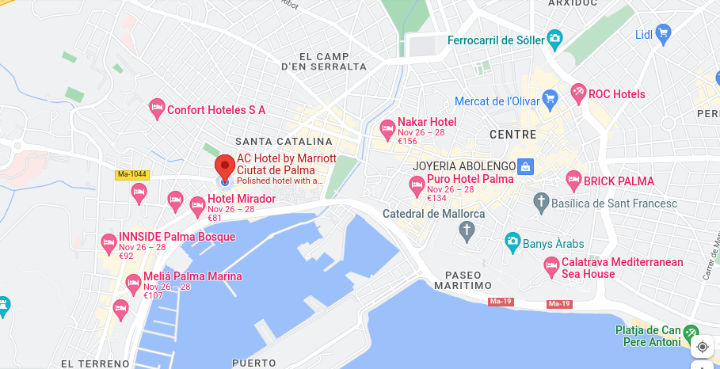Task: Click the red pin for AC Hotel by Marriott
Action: click(224, 167)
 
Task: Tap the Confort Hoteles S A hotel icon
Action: click(157, 108)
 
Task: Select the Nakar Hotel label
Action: click(427, 122)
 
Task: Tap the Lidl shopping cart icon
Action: click(664, 33)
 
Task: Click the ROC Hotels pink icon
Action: click(579, 93)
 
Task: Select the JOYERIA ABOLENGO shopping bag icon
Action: click(524, 167)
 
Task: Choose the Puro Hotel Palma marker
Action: click(417, 186)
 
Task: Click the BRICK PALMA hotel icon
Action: click(574, 181)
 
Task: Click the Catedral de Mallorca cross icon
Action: click(467, 230)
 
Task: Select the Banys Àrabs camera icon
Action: click(512, 240)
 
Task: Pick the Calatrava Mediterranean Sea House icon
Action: click(552, 268)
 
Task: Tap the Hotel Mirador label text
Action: click(242, 199)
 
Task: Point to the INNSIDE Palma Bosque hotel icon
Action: click(109, 242)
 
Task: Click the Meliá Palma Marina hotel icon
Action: click(134, 282)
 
